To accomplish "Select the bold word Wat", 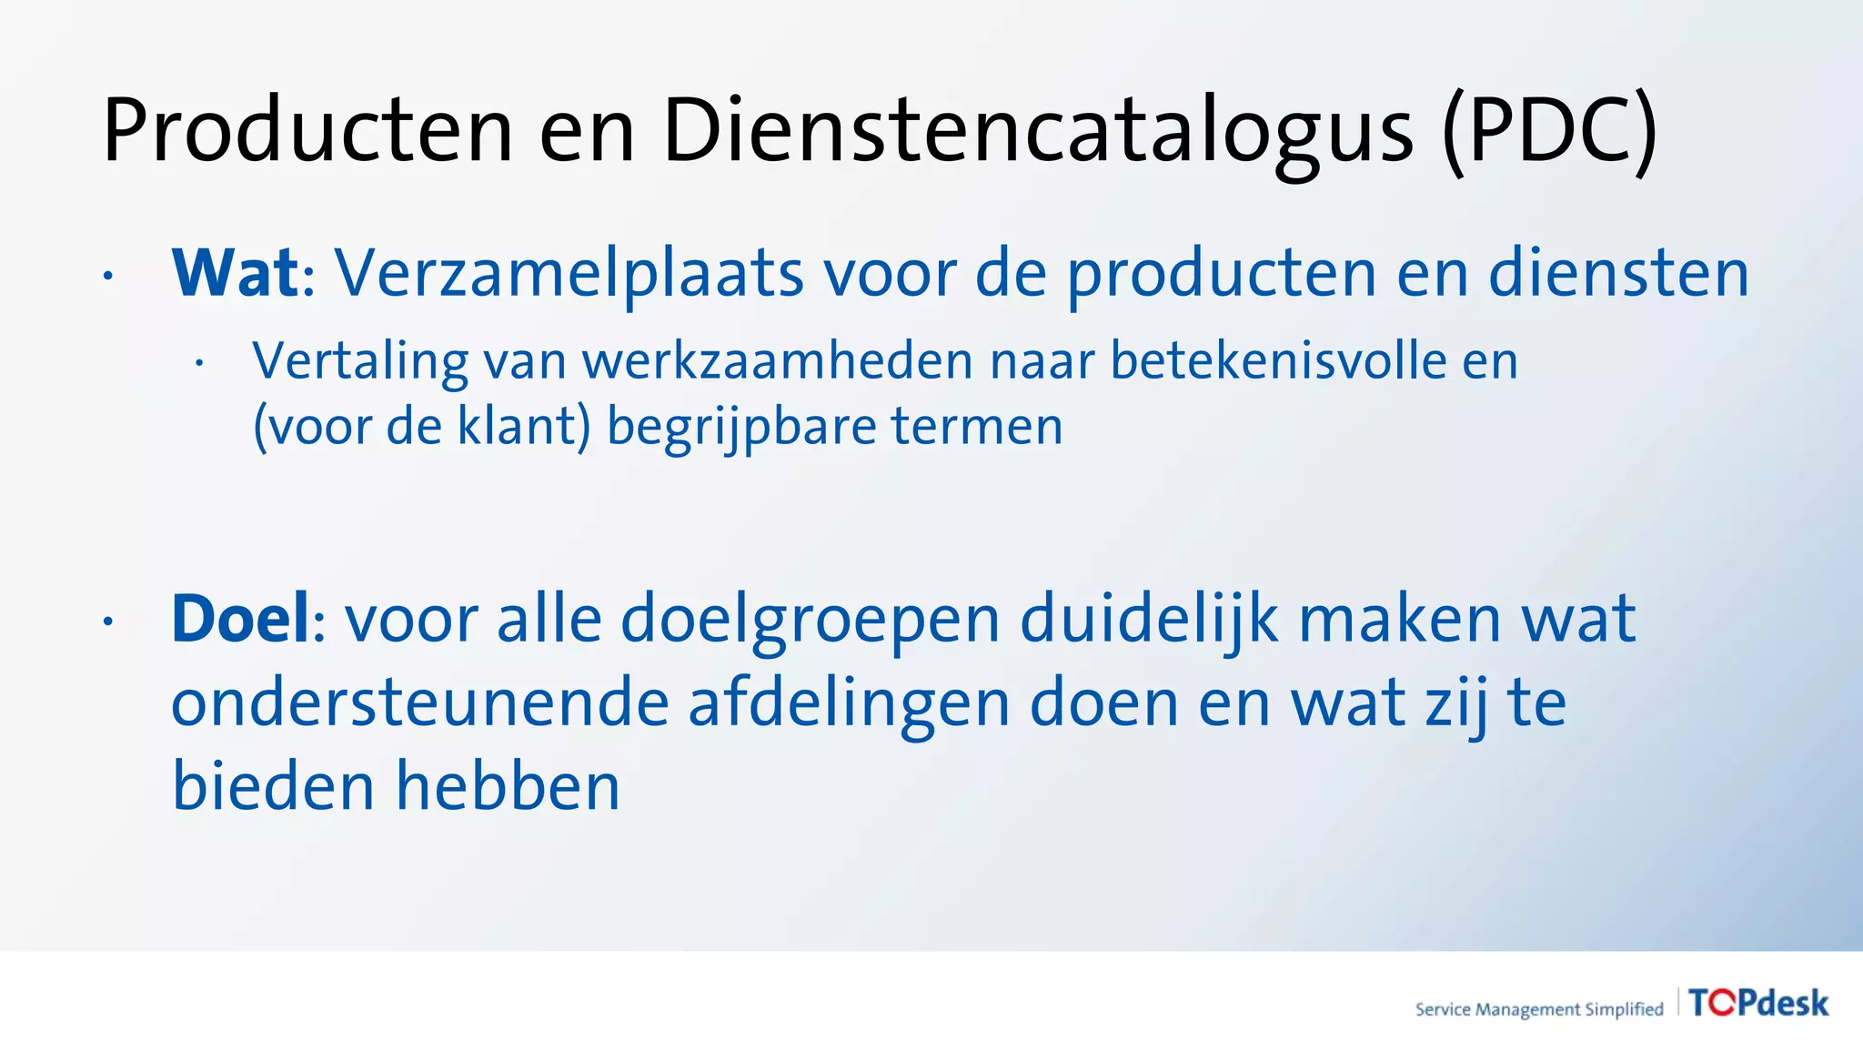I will (235, 273).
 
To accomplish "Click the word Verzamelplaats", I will (569, 273).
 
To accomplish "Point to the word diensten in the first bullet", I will (1618, 273).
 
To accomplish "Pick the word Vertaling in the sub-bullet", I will (360, 361).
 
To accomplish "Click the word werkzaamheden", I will (778, 361).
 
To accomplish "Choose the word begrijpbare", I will (740, 426).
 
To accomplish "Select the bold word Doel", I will (241, 620).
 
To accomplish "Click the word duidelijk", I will (1150, 620).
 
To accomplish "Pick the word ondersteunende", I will (419, 704).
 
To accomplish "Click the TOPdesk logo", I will (1757, 1003).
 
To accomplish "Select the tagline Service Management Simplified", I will (1538, 1009).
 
